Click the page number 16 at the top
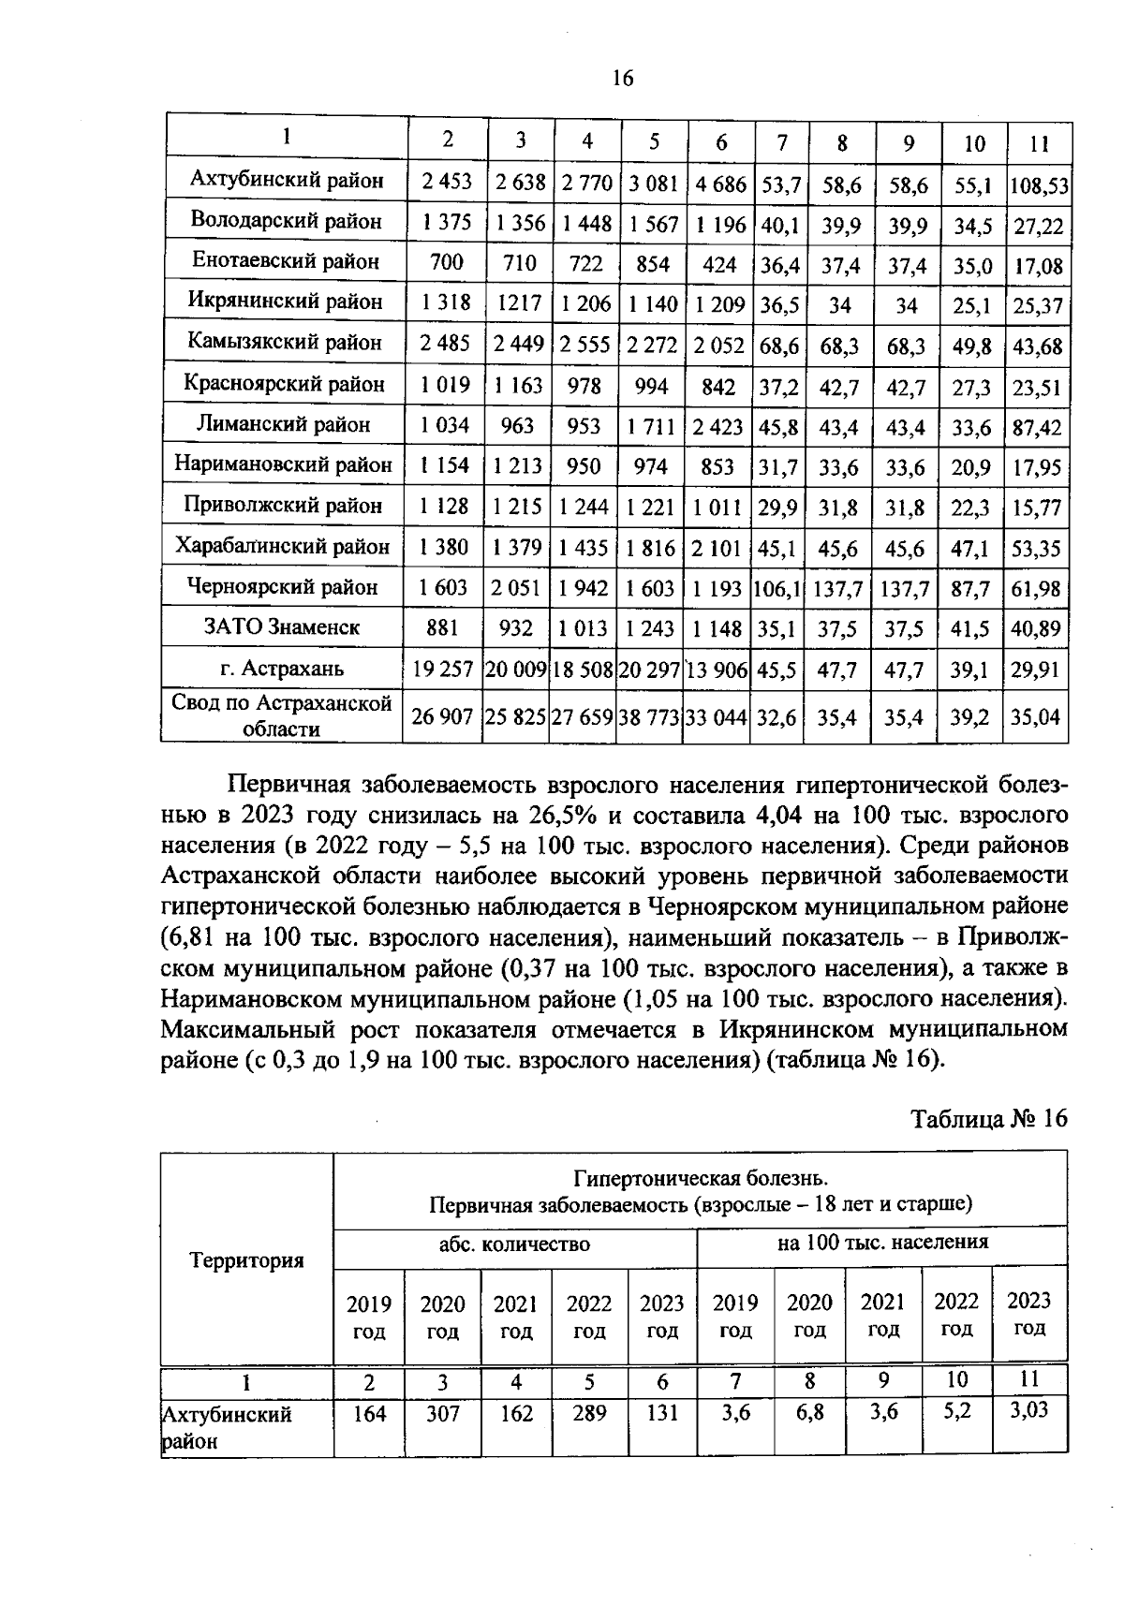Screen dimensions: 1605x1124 623,79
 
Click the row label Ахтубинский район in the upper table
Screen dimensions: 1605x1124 287,180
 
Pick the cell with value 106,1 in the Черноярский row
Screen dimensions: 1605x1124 777,589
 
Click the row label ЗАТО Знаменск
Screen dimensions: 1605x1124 282,626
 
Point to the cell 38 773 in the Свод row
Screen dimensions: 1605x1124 649,717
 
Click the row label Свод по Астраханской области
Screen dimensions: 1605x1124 282,715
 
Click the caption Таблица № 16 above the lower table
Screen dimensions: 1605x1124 989,1119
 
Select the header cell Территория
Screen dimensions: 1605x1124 247,1259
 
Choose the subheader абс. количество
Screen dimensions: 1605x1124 515,1244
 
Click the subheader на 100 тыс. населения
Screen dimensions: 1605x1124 882,1243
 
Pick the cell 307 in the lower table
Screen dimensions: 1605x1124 443,1414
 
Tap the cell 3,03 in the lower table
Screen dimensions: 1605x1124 1029,1409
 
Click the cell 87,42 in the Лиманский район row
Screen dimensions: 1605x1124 1038,428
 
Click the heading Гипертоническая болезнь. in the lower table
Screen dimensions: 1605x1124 701,1177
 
